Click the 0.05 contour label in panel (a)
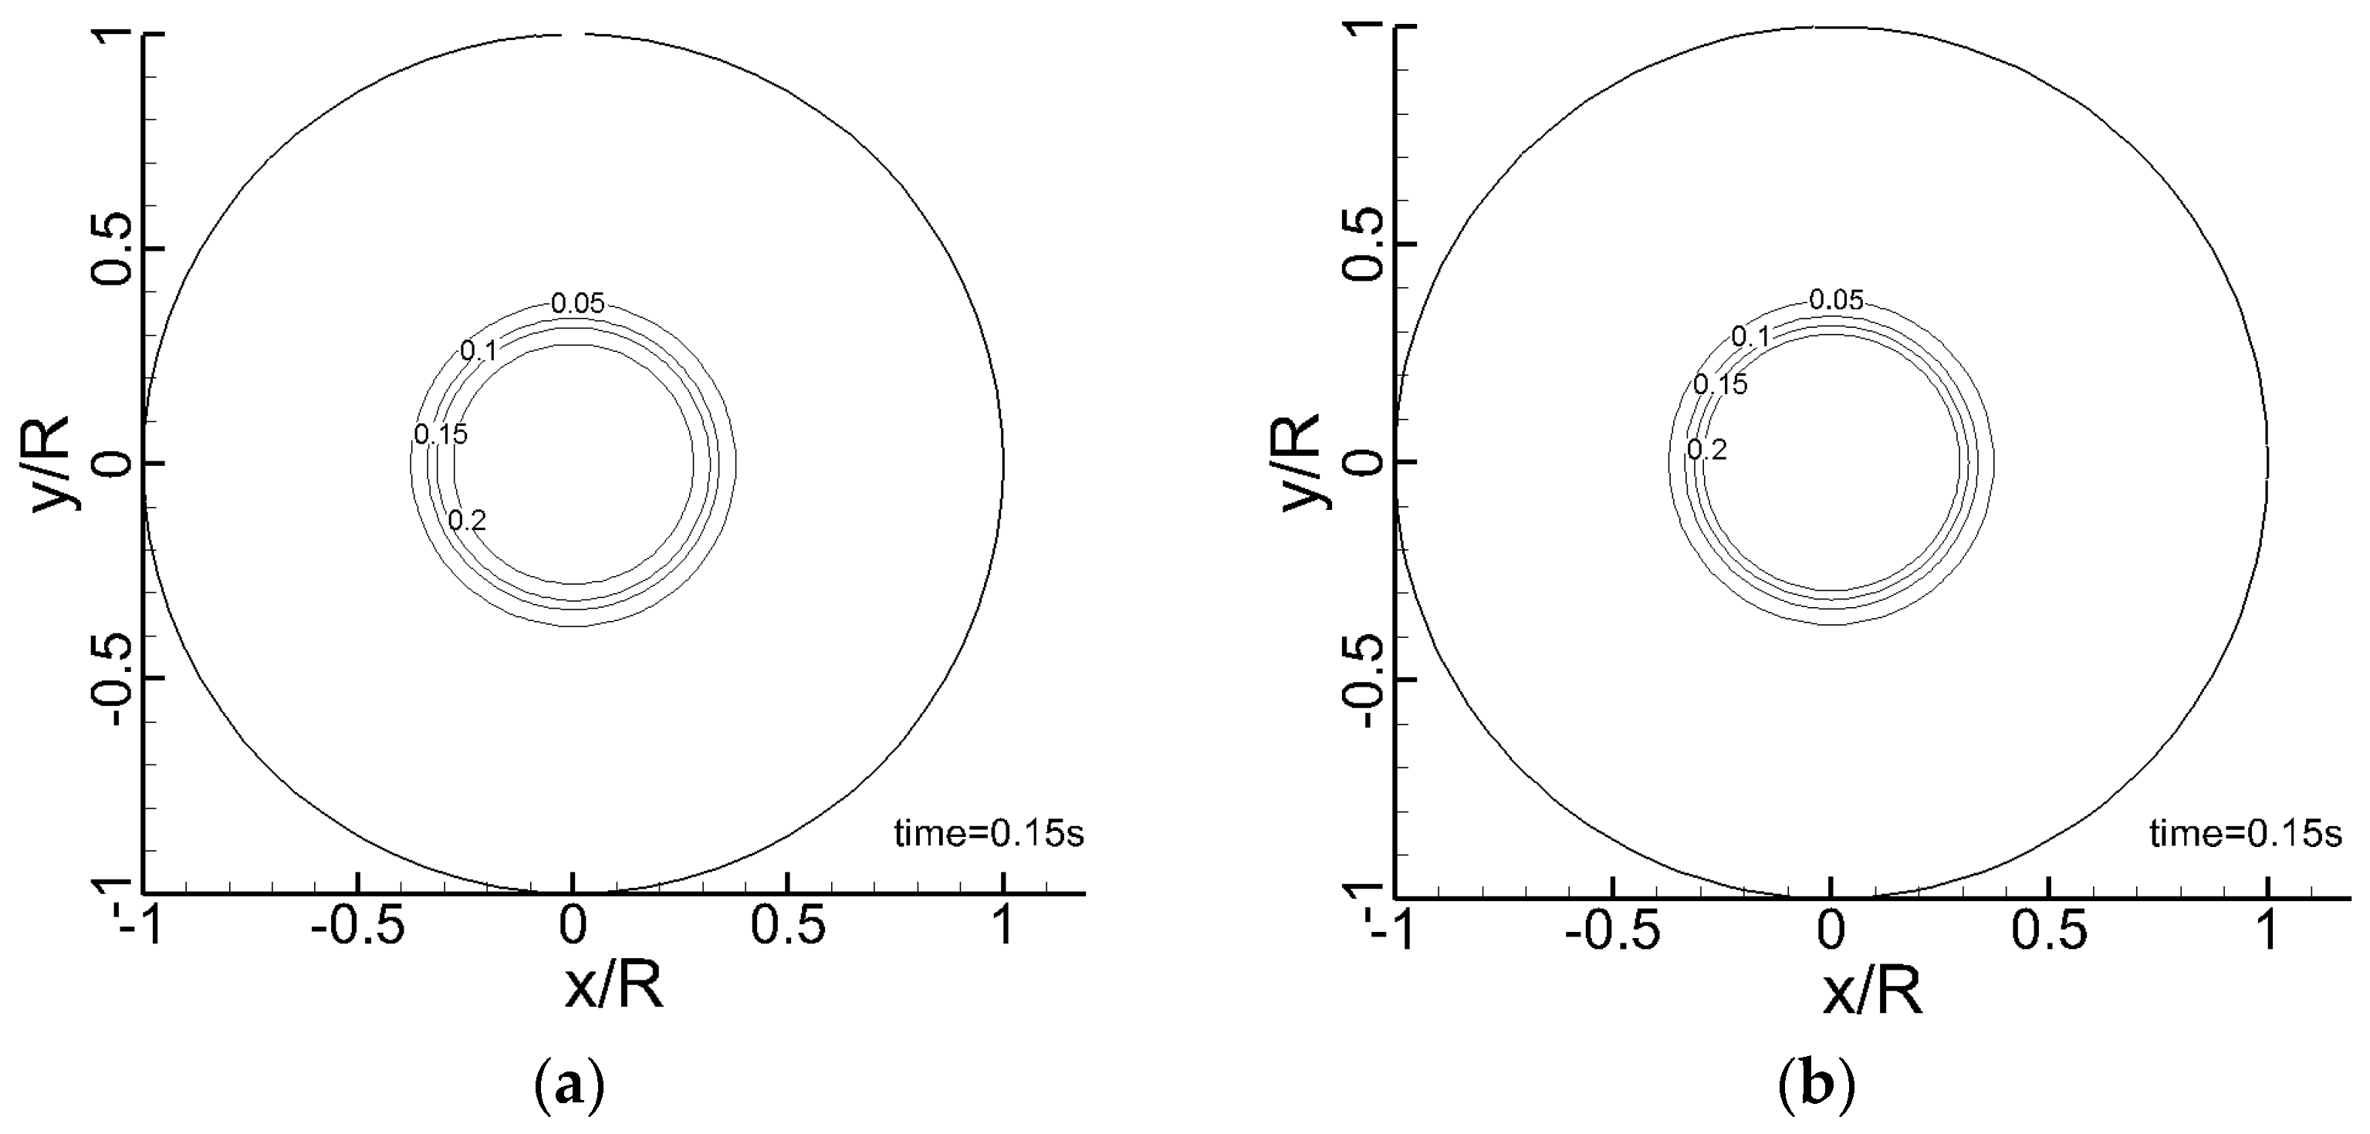pyautogui.click(x=578, y=303)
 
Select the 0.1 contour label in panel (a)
pyautogui.click(x=478, y=350)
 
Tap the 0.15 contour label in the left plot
pyautogui.click(x=441, y=434)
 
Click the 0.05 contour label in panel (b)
pyautogui.click(x=1837, y=300)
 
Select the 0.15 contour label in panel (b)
pyautogui.click(x=1719, y=384)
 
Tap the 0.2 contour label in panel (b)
pyautogui.click(x=1706, y=450)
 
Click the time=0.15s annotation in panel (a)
pyautogui.click(x=989, y=834)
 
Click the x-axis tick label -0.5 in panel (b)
pyautogui.click(x=1613, y=932)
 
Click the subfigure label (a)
pyautogui.click(x=570, y=1087)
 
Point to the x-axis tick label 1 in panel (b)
pyautogui.click(x=2269, y=932)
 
